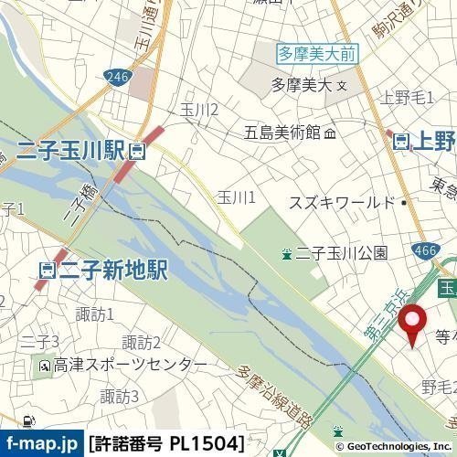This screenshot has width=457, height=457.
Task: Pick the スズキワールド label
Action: pos(343,202)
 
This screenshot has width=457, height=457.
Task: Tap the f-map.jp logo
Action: pos(41,444)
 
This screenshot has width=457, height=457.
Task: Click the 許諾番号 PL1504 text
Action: pos(166,444)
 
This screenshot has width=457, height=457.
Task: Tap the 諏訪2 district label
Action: pos(143,343)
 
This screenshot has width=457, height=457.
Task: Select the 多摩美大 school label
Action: pos(303,87)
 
